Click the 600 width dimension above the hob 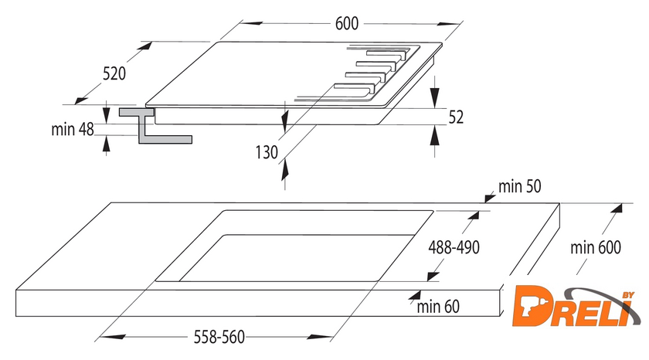[x=346, y=24]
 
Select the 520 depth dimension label [x=114, y=73]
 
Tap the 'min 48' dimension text [x=73, y=130]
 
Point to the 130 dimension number [x=267, y=152]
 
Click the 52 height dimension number [x=456, y=117]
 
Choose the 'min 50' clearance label [x=519, y=187]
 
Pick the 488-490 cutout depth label [x=454, y=247]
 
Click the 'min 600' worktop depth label [x=596, y=248]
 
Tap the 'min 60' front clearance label [x=438, y=307]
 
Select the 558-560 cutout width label [x=219, y=338]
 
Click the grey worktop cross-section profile [x=155, y=126]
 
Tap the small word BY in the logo [x=628, y=295]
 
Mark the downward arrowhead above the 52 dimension [x=434, y=98]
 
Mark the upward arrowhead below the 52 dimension [x=434, y=135]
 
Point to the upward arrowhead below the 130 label [x=285, y=170]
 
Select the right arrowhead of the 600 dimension [x=450, y=25]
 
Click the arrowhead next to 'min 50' [x=490, y=199]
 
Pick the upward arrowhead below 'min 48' [x=107, y=144]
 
